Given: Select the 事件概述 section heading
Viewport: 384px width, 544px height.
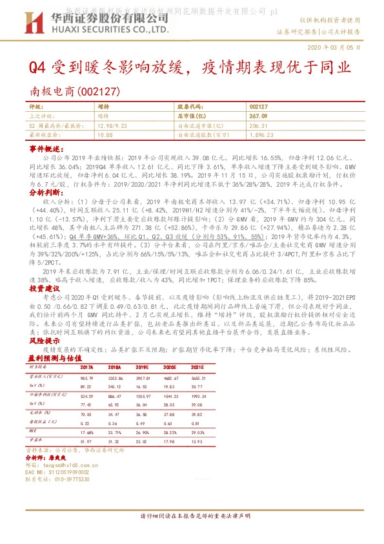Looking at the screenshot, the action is click(x=44, y=149).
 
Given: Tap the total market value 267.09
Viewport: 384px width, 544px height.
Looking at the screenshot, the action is click(x=258, y=116).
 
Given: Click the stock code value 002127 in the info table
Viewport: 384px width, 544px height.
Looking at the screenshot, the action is click(x=258, y=106).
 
